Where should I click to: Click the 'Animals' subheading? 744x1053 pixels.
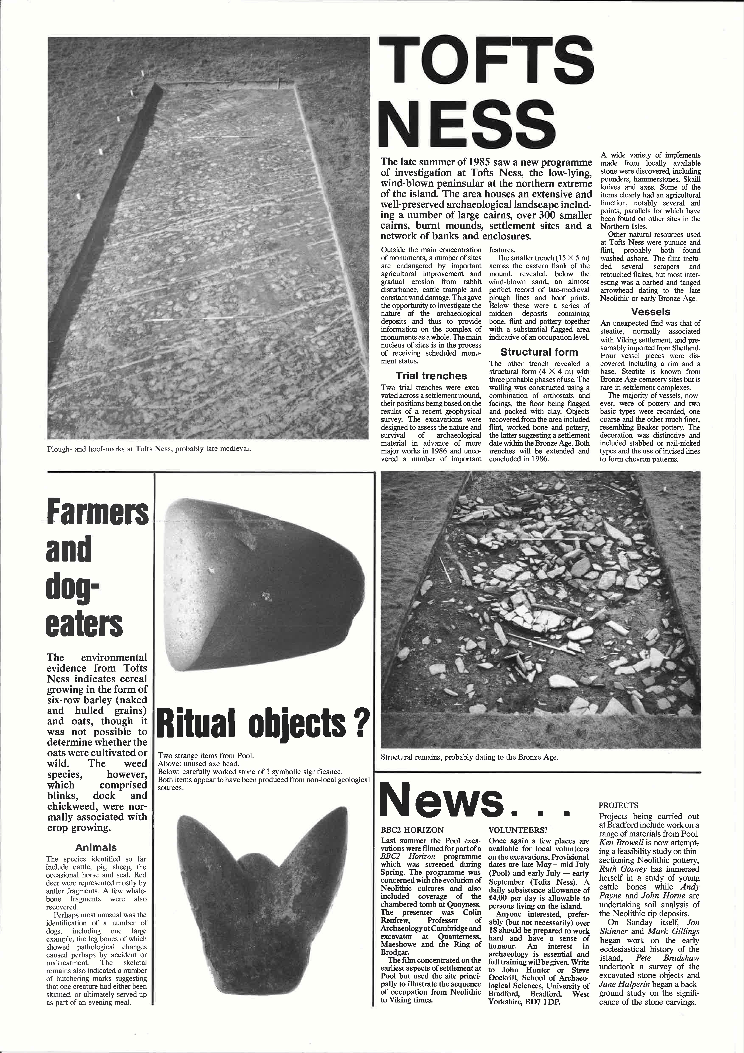click(x=96, y=847)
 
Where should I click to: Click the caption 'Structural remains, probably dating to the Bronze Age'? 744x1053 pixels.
click(x=469, y=757)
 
